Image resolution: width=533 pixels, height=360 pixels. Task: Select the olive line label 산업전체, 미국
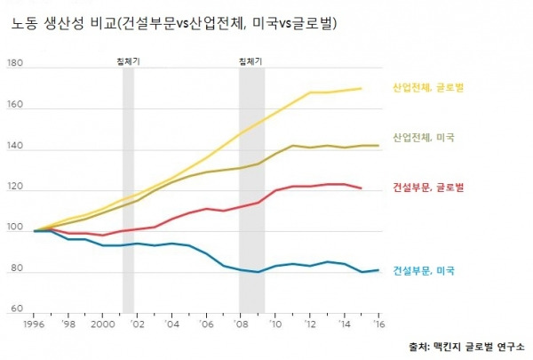click(423, 138)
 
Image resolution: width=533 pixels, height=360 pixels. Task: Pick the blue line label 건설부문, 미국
click(423, 269)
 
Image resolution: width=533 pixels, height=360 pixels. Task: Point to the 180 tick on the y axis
click(14, 64)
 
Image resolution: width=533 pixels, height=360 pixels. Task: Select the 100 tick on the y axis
click(14, 230)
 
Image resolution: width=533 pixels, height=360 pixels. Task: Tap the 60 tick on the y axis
click(16, 309)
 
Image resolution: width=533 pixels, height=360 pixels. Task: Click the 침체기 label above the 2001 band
click(128, 60)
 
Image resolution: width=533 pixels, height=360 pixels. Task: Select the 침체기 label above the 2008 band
click(251, 60)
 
